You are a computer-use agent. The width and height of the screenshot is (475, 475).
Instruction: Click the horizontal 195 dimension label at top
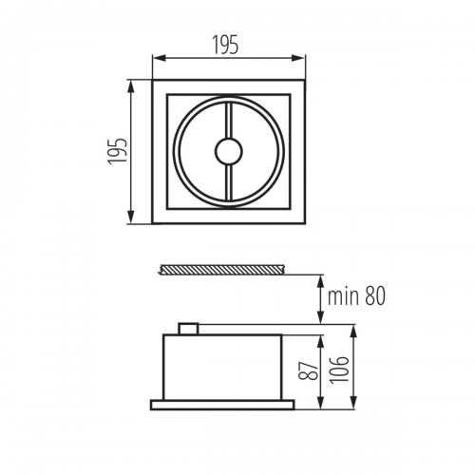pos(225,45)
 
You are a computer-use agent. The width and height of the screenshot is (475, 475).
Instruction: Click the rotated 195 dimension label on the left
pos(118,151)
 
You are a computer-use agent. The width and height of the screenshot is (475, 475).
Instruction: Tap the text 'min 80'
pos(356,295)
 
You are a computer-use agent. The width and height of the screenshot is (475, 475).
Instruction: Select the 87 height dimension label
pos(309,370)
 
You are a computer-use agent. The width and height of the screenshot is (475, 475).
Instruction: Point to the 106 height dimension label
pos(339,370)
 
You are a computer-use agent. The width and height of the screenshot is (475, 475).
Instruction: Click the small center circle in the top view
pos(229,151)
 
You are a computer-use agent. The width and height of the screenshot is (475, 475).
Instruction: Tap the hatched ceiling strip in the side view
pos(223,270)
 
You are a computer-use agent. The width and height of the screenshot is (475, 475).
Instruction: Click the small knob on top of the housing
pos(188,329)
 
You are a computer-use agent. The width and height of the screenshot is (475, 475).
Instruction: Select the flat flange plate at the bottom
pos(222,405)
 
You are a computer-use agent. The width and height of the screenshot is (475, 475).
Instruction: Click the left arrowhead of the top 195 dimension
pos(160,58)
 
